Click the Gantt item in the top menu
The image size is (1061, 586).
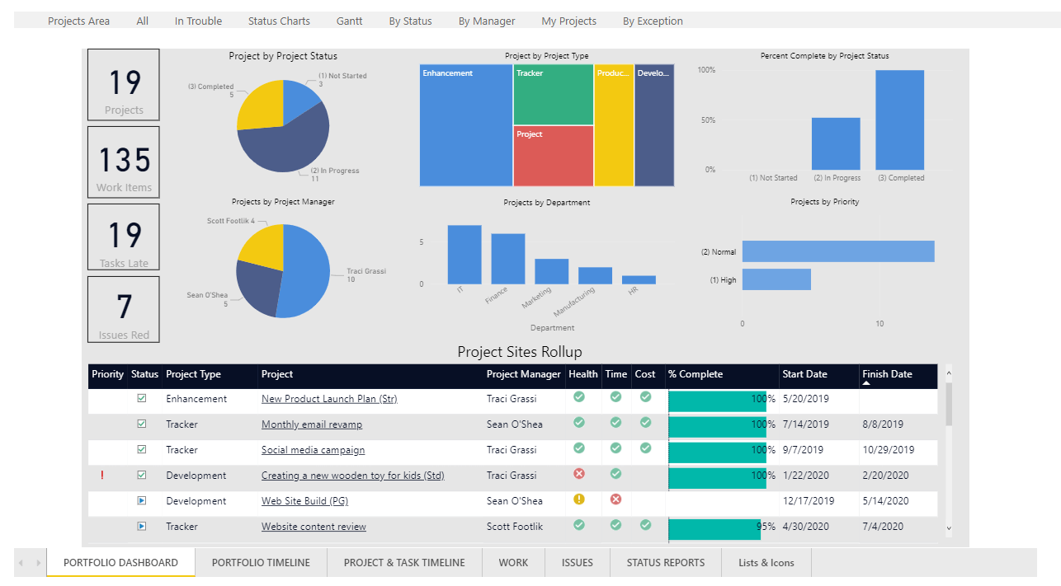pos(349,21)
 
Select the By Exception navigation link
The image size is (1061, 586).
pos(653,21)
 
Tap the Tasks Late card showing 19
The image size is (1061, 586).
pos(124,237)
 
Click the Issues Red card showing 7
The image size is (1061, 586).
pos(124,309)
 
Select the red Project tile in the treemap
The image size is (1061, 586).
pos(553,156)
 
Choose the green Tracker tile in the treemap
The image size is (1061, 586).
pos(553,95)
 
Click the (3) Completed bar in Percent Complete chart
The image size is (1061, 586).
pos(899,120)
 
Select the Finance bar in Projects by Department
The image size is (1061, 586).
pos(508,259)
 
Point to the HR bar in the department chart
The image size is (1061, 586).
pos(639,280)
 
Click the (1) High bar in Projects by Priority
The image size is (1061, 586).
pos(776,279)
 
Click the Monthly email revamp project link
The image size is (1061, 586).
pos(312,424)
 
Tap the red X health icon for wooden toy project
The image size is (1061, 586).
pos(579,474)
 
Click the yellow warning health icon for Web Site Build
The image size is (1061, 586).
pos(579,499)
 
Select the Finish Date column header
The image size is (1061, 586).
pos(887,374)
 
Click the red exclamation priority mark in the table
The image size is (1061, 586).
pos(102,476)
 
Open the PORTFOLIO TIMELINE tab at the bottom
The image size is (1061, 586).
pos(261,563)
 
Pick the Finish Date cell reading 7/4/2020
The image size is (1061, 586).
pos(883,527)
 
